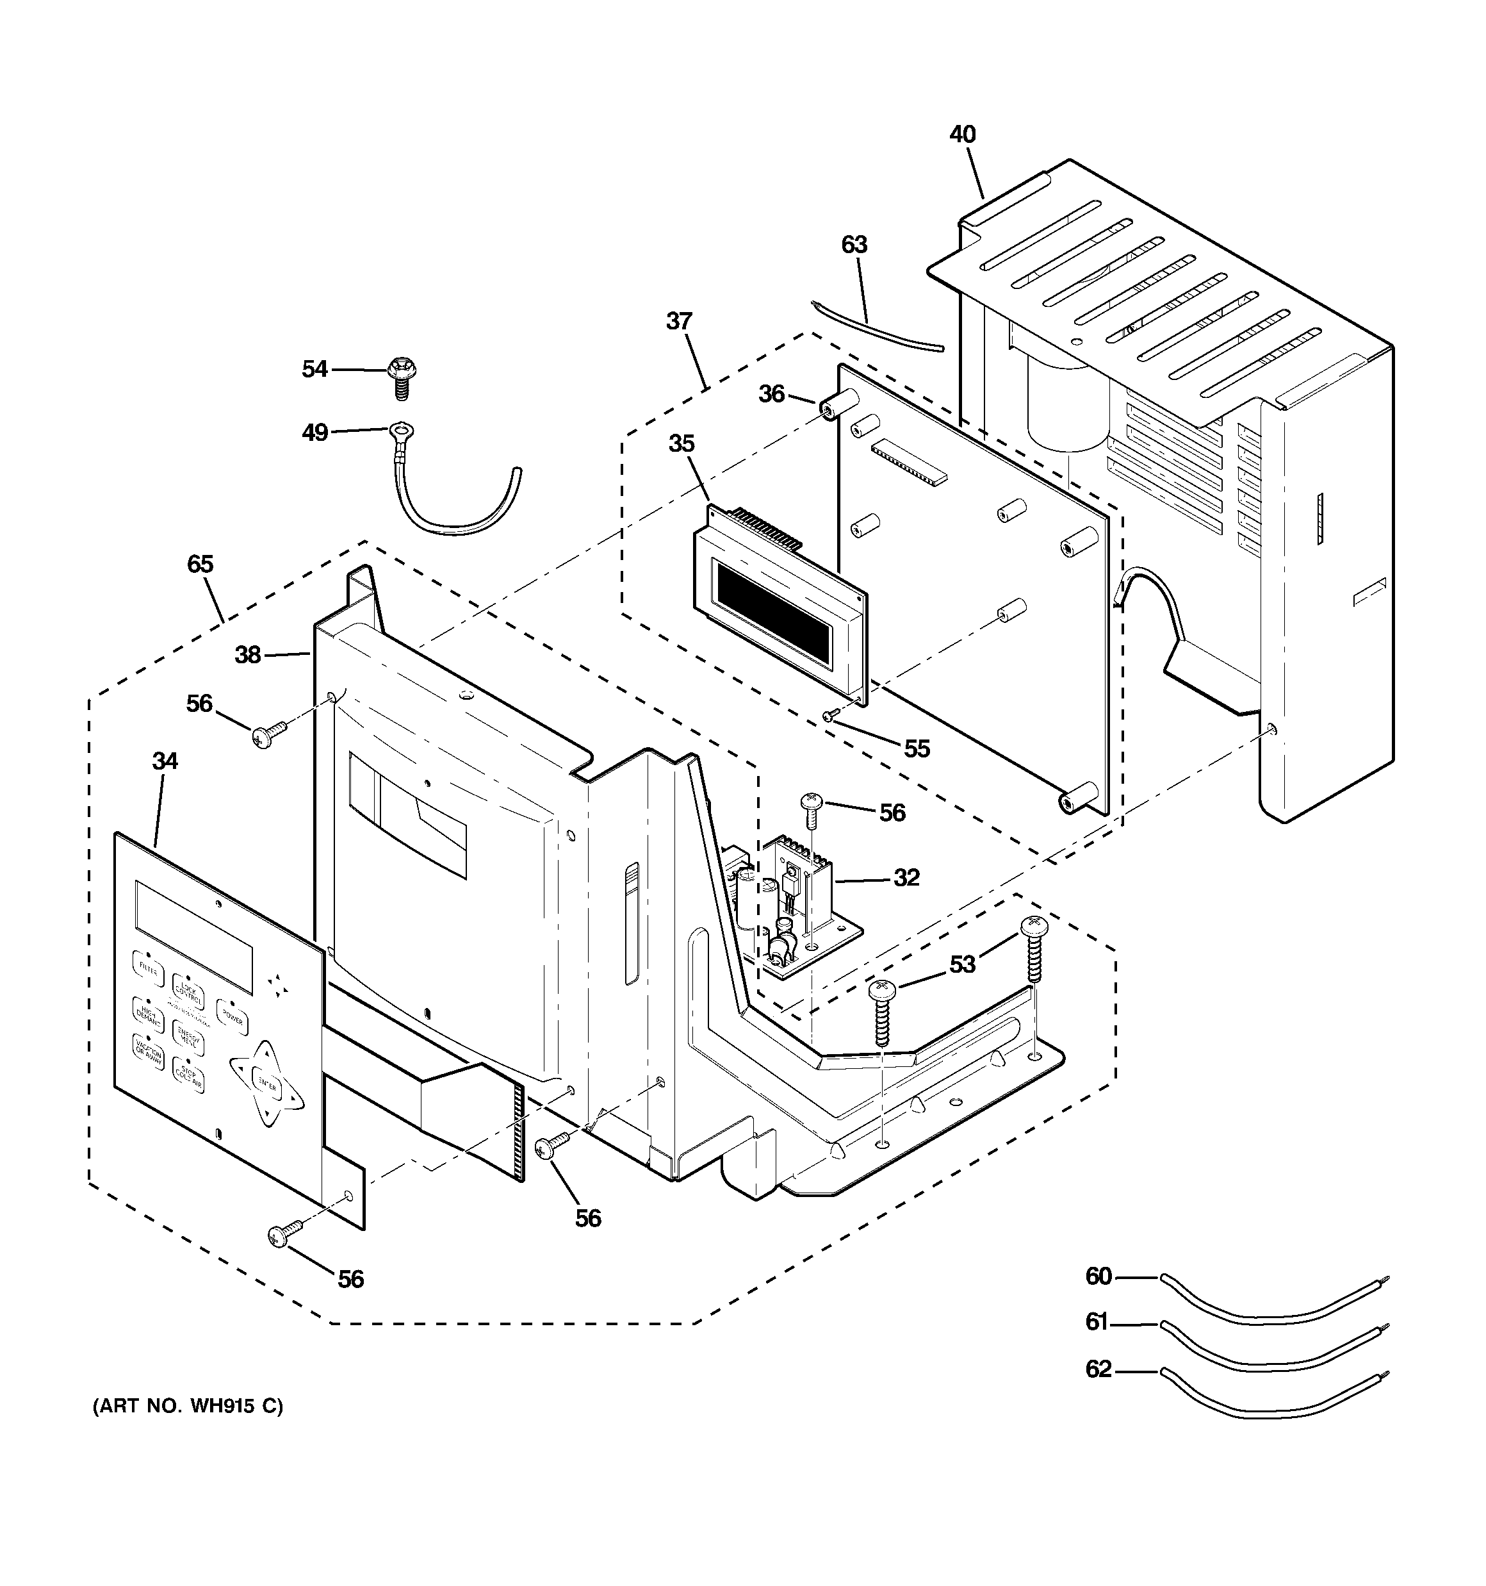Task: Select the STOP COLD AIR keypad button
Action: tap(188, 1077)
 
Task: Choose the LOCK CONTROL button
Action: tap(188, 993)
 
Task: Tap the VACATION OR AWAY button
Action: tap(149, 1053)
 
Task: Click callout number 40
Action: tap(963, 135)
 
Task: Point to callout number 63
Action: tap(854, 245)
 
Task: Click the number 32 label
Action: tap(906, 877)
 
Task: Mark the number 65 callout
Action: tap(200, 565)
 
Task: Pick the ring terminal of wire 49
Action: tap(400, 433)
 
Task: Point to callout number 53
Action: tap(963, 964)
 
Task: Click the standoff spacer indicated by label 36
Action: tap(835, 407)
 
